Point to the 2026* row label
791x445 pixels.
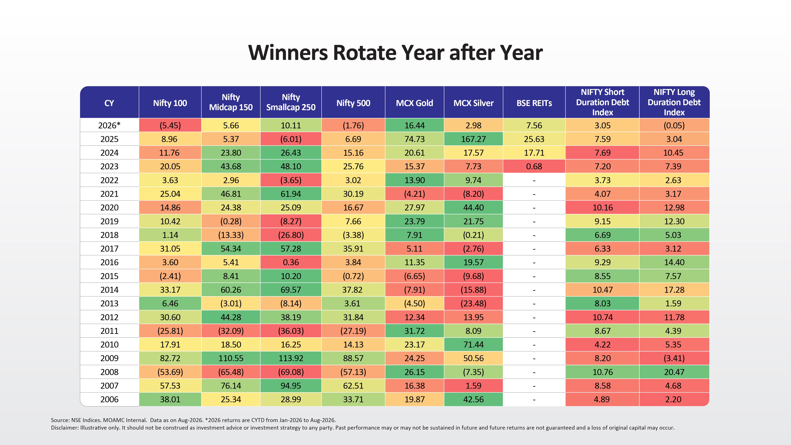point(109,125)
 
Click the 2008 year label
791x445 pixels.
point(109,372)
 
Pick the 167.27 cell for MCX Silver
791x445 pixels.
point(473,139)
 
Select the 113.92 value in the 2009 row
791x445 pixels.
point(291,358)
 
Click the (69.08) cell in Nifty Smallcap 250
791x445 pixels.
point(291,372)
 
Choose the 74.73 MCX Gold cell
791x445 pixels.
point(414,139)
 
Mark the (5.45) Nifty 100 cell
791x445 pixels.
point(170,125)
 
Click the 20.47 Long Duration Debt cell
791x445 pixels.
point(674,372)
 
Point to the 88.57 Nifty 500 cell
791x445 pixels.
point(353,358)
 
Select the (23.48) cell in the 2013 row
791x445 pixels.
point(473,303)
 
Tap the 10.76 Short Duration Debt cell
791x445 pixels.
point(603,372)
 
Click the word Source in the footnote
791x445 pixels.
point(60,420)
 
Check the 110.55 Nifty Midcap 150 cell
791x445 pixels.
point(231,358)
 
